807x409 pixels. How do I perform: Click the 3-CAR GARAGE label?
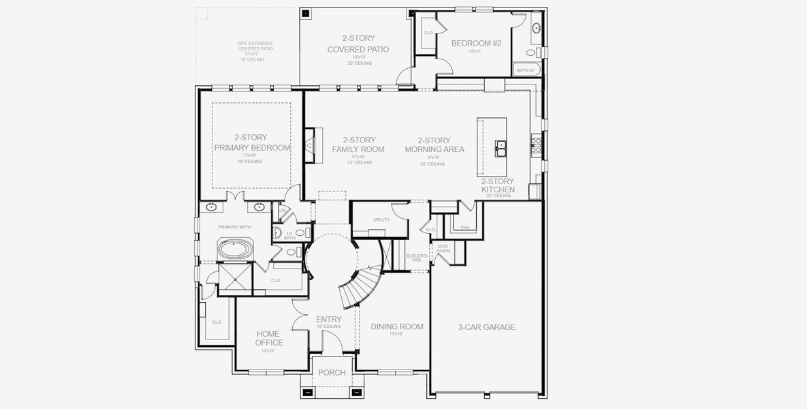[486, 327]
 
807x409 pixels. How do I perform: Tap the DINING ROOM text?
[397, 327]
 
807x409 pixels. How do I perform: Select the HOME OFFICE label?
[269, 338]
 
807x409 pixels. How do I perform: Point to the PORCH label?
[332, 373]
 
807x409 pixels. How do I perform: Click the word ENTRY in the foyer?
[329, 319]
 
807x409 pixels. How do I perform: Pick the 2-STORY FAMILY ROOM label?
[358, 145]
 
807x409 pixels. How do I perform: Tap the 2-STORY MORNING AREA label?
[434, 145]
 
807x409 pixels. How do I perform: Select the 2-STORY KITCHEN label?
[498, 185]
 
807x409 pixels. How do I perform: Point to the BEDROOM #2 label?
[477, 44]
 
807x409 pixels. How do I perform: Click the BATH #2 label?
[525, 70]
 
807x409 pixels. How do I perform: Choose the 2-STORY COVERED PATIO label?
[358, 44]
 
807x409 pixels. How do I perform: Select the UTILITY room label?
[381, 219]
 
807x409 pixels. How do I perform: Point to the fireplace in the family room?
[310, 145]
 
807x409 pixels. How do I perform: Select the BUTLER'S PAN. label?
[416, 258]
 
